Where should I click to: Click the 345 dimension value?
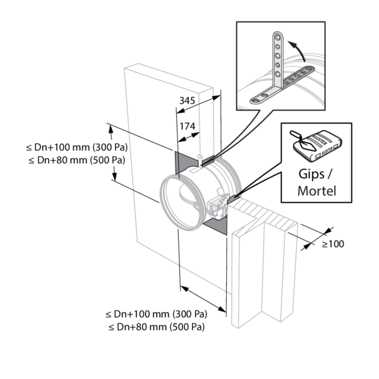(186, 100)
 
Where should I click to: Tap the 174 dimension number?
(187, 126)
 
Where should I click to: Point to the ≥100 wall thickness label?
(333, 244)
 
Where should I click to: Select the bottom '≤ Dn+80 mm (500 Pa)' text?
(157, 327)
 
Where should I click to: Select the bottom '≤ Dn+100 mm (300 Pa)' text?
(157, 314)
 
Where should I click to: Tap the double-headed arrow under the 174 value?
(187, 135)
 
